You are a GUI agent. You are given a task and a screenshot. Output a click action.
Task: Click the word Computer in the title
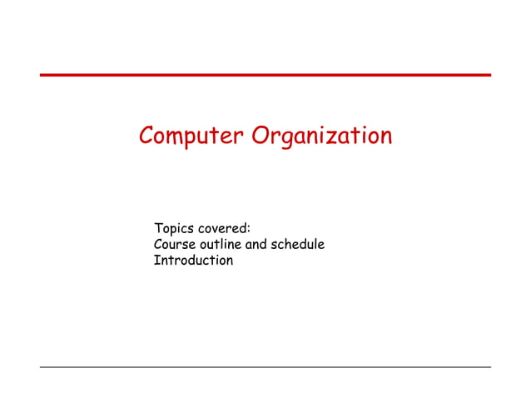pos(191,135)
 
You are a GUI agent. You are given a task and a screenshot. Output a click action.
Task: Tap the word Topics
pos(172,228)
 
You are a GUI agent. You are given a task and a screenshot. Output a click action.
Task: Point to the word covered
pos(223,228)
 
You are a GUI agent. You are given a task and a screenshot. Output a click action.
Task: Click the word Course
pos(175,245)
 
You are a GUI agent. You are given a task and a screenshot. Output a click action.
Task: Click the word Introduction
pos(194,261)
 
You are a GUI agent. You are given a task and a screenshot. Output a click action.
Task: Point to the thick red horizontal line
pos(265,75)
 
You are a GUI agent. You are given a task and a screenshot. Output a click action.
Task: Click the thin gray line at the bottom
pos(265,366)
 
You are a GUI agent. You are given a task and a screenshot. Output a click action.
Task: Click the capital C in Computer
pos(146,135)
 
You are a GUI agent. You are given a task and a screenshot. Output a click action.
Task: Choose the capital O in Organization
pos(261,135)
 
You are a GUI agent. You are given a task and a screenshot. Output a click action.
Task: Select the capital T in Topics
pos(158,228)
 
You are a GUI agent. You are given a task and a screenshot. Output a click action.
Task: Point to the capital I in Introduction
pos(156,261)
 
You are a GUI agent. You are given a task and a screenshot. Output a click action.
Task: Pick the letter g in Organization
pos(285,139)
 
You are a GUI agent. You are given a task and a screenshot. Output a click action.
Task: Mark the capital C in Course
pos(159,245)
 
